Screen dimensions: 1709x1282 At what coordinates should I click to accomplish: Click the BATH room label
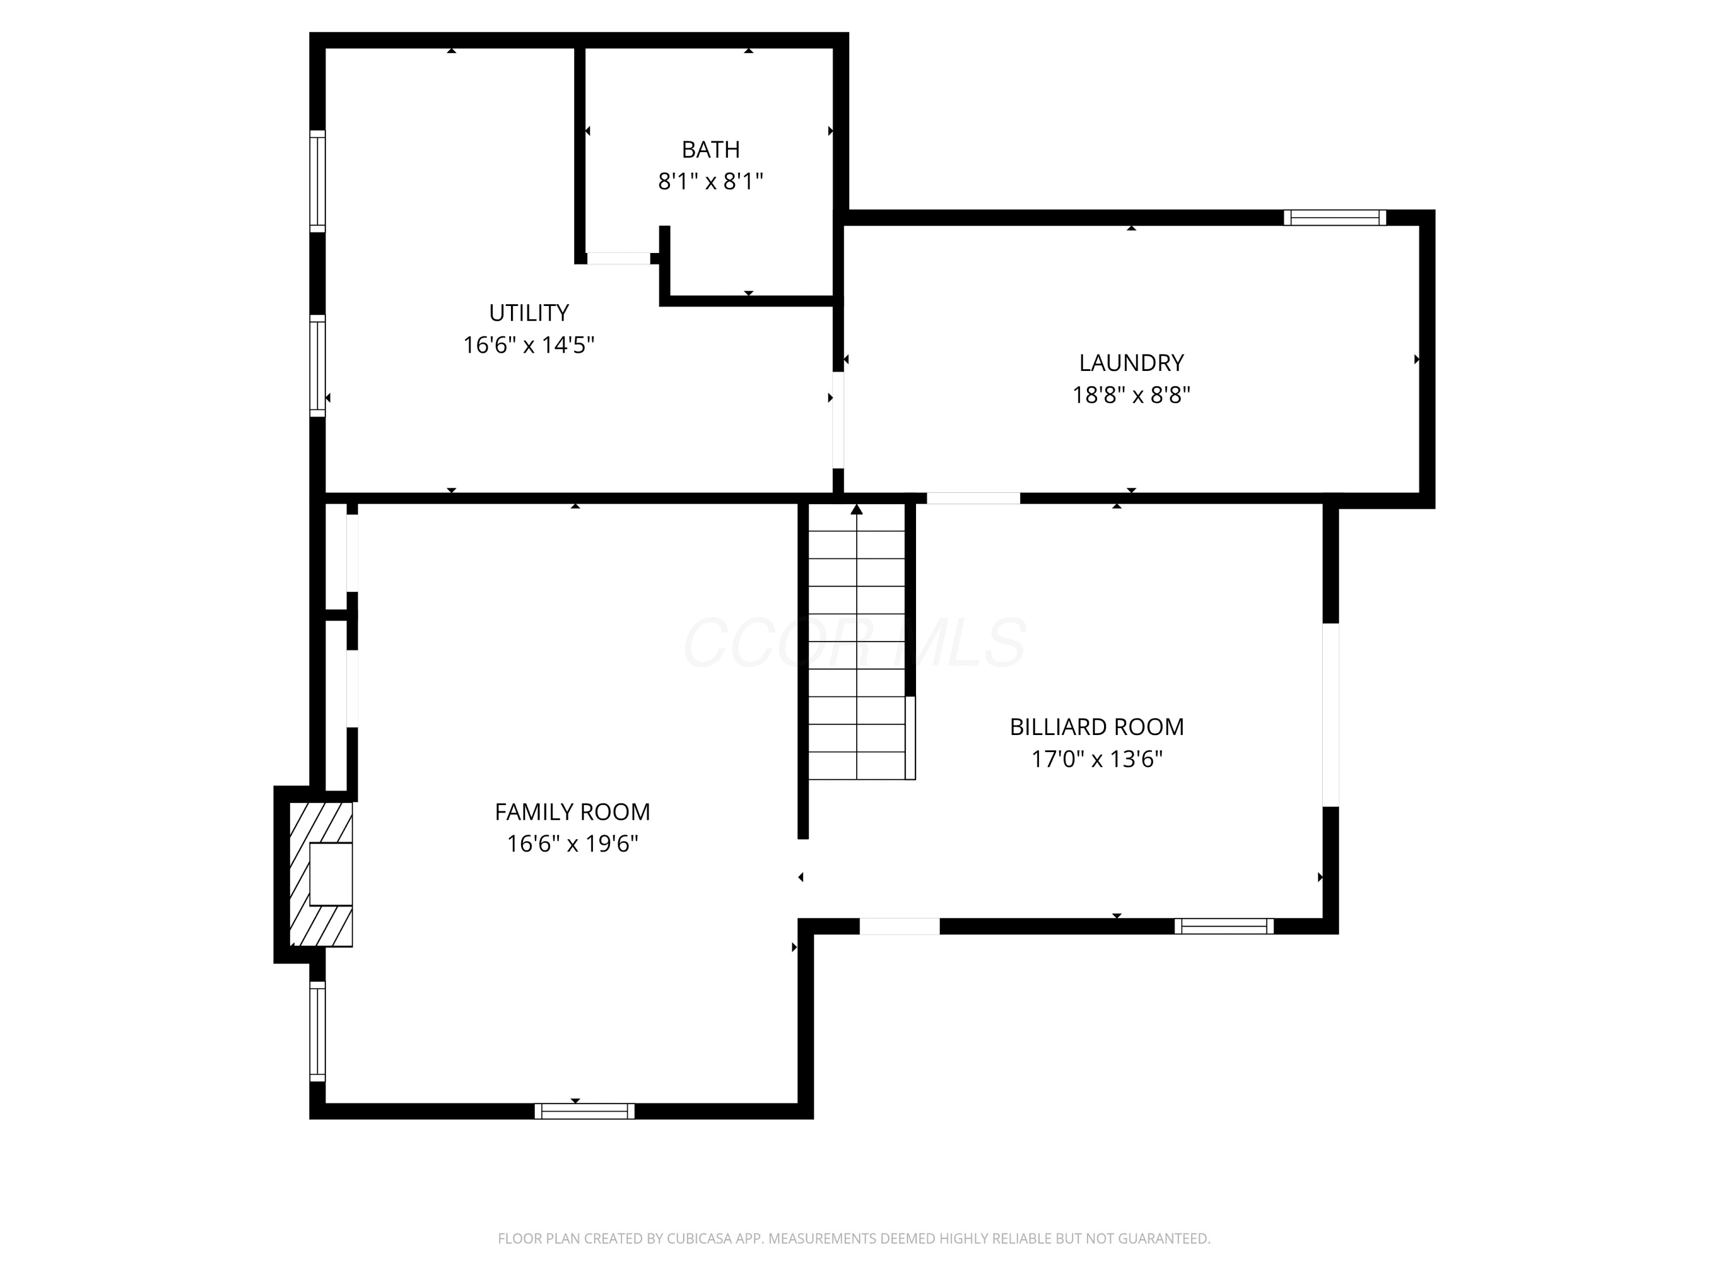pos(710,149)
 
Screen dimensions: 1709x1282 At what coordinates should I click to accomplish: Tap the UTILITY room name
pos(529,313)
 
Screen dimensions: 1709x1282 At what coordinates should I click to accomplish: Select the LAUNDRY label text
pos(1131,362)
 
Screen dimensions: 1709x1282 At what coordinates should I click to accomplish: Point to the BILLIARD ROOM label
pos(1097,726)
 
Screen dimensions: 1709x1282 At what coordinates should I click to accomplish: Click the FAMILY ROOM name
pos(572,811)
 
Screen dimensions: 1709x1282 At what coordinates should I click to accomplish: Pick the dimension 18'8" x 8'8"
pos(1131,395)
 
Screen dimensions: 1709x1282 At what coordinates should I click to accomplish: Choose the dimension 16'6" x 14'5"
pos(529,345)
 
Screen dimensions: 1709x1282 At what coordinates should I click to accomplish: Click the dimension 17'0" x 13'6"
pos(1097,759)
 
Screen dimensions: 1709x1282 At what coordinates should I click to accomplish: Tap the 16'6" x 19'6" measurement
pos(572,843)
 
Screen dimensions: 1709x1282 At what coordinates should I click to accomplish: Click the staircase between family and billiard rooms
pos(857,642)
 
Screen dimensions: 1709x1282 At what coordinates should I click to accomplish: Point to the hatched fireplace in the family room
pos(321,874)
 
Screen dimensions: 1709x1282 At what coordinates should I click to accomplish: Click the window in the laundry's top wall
pos(1334,218)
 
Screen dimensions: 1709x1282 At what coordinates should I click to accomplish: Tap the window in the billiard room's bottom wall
pos(1224,926)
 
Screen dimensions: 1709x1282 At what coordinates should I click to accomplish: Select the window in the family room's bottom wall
pos(584,1111)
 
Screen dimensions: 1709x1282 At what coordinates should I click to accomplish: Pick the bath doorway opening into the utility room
pos(618,258)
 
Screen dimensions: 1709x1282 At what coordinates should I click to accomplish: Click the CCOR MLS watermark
pos(855,642)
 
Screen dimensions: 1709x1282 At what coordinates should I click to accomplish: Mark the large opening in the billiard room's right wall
pos(1330,715)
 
